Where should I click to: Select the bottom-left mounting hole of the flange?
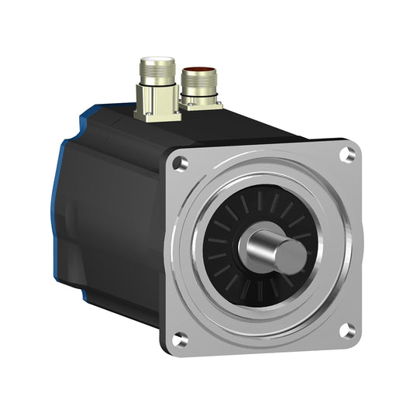(x=181, y=337)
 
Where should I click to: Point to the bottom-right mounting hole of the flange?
(x=346, y=329)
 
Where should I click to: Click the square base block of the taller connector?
(x=157, y=108)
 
